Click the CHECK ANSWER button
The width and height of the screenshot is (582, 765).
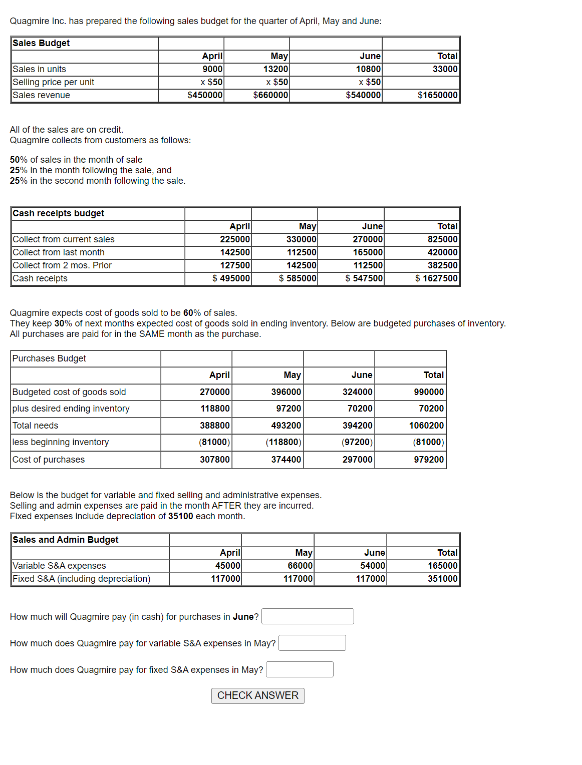click(x=257, y=695)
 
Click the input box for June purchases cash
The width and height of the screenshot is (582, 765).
click(x=308, y=616)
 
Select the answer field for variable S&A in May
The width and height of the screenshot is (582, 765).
click(x=312, y=643)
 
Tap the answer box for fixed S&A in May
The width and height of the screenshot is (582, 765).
click(x=300, y=669)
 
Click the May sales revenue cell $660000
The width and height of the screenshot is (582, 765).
click(x=270, y=95)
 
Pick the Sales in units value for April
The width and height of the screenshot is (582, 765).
click(x=212, y=69)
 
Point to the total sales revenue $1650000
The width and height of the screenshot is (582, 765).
click(x=437, y=95)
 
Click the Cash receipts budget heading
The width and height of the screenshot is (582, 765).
click(x=59, y=213)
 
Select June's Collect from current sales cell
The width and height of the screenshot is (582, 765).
click(x=368, y=239)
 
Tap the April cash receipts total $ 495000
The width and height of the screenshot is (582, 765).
click(x=231, y=278)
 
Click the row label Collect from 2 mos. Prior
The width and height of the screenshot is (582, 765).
click(x=62, y=265)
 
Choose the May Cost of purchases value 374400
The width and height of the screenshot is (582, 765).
click(x=286, y=460)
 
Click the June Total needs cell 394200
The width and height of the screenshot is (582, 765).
click(x=357, y=426)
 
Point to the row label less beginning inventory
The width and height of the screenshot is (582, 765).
click(x=61, y=442)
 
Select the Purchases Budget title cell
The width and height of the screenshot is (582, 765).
click(x=49, y=358)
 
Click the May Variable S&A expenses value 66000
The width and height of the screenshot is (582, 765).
click(x=300, y=566)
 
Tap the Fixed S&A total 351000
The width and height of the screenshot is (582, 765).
click(x=442, y=579)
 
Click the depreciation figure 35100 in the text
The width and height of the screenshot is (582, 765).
click(x=180, y=516)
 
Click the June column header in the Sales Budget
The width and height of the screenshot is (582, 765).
click(x=370, y=56)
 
